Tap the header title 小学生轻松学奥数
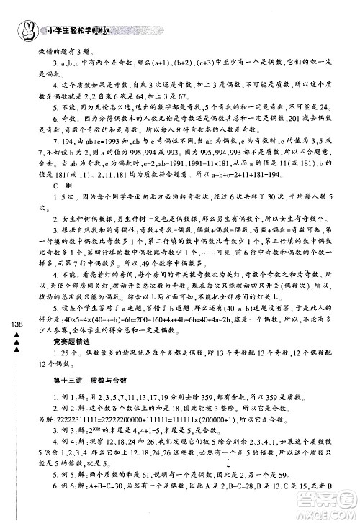click(78, 30)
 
